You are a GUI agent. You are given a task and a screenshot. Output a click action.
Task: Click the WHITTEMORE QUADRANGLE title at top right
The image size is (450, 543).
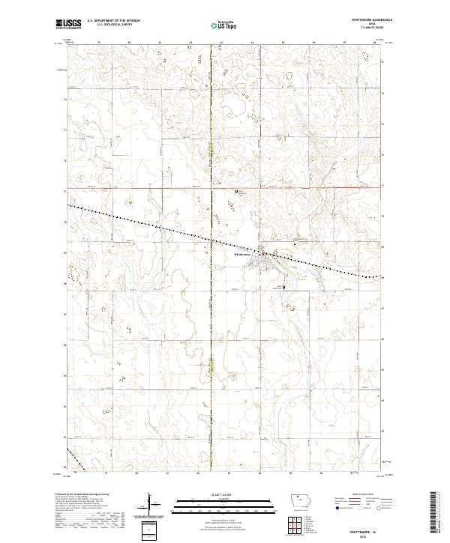pyautogui.click(x=365, y=21)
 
